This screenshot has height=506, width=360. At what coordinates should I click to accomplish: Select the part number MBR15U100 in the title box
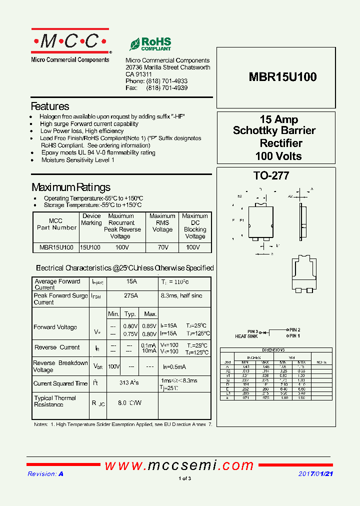click(x=282, y=77)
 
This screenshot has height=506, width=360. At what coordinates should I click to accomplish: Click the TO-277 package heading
click(x=271, y=176)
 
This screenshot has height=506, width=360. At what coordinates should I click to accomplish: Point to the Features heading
click(x=50, y=106)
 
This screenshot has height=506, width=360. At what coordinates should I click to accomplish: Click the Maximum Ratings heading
click(x=71, y=187)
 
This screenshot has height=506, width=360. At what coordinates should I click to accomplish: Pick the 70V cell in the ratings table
click(x=162, y=247)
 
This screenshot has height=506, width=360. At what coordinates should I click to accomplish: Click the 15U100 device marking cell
click(x=90, y=247)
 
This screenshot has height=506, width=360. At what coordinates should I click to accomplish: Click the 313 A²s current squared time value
click(x=129, y=383)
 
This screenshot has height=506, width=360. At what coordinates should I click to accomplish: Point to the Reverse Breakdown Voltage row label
click(x=60, y=366)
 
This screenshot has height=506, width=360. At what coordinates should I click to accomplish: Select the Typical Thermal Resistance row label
click(x=55, y=401)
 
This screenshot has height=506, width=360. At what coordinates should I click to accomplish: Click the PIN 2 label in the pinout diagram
click(x=294, y=330)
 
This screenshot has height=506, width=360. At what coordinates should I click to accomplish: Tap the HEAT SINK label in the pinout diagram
click(x=246, y=336)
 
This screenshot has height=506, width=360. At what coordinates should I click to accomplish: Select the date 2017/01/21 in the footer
click(x=315, y=474)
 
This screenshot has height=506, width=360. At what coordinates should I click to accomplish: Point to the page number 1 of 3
click(x=184, y=478)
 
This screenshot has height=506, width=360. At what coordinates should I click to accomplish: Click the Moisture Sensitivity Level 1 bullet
click(x=78, y=160)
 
